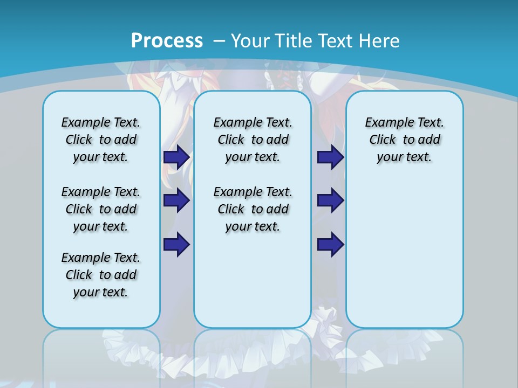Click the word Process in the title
167,40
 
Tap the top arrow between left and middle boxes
176,157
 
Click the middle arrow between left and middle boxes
176,200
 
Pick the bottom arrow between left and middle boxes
176,244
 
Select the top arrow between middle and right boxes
330,157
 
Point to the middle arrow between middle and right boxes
330,200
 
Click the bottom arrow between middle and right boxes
330,244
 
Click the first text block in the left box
101,140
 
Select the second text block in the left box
101,209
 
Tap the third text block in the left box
101,275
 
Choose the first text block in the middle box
253,140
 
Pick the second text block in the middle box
253,209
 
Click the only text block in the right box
404,140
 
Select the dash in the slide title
220,40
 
